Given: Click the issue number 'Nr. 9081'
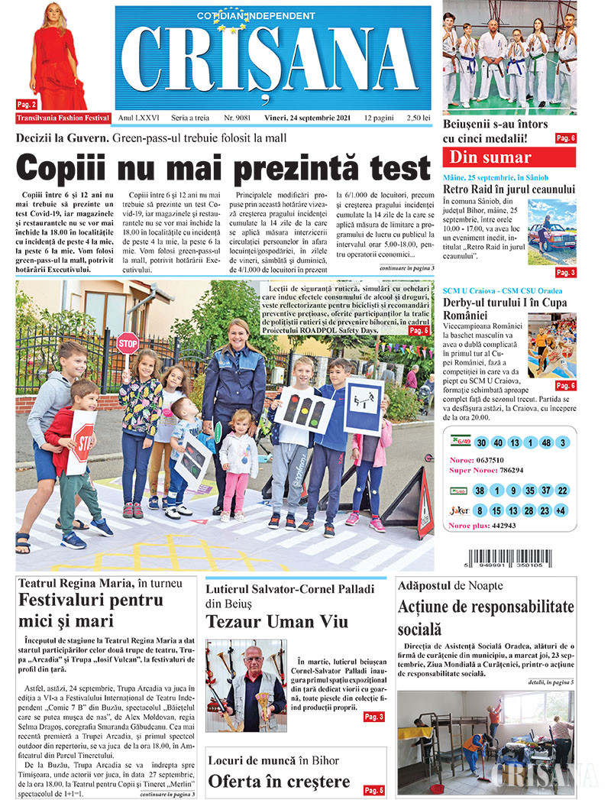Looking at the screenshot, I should (x=237, y=118).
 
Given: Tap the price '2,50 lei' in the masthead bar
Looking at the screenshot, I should (x=419, y=118).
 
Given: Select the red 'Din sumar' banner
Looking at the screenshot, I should (x=509, y=158).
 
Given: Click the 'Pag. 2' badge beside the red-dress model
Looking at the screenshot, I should (x=25, y=103).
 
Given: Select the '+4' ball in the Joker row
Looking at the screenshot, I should (x=561, y=510).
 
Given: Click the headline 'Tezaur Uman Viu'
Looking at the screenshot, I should (x=276, y=621).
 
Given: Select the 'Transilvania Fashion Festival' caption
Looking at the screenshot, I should (x=62, y=118).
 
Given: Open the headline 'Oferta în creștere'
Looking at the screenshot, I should (x=279, y=782).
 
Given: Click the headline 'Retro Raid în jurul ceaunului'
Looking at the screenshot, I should (x=509, y=189).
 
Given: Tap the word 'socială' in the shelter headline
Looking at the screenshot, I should (x=419, y=630).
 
